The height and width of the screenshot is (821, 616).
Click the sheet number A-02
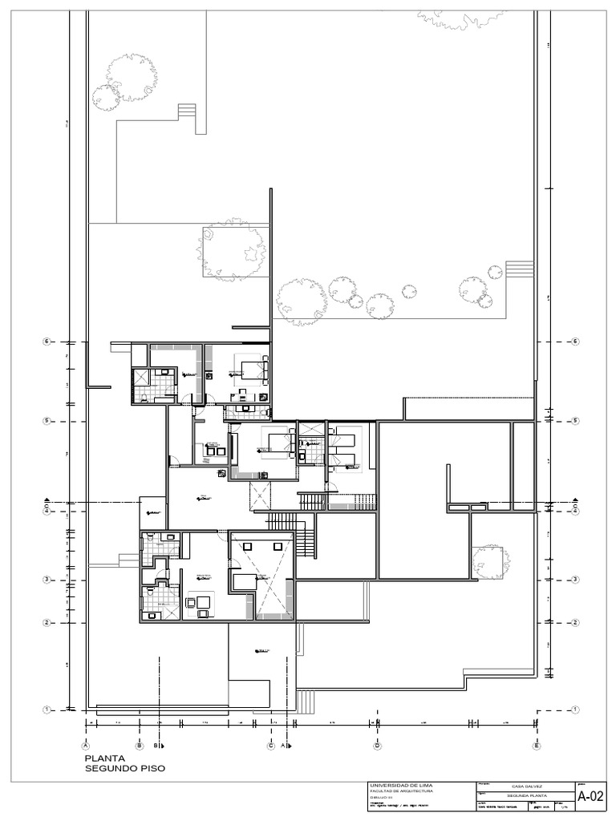[590, 796]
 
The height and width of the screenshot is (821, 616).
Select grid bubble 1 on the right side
[574, 710]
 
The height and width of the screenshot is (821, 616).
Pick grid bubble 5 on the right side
[574, 421]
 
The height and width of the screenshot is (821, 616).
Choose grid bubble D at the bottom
[376, 746]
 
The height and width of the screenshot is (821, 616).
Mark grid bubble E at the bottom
[536, 746]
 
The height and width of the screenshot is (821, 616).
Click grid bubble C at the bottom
[271, 746]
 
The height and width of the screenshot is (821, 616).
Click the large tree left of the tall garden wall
[233, 248]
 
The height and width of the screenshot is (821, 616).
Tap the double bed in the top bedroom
[254, 370]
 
